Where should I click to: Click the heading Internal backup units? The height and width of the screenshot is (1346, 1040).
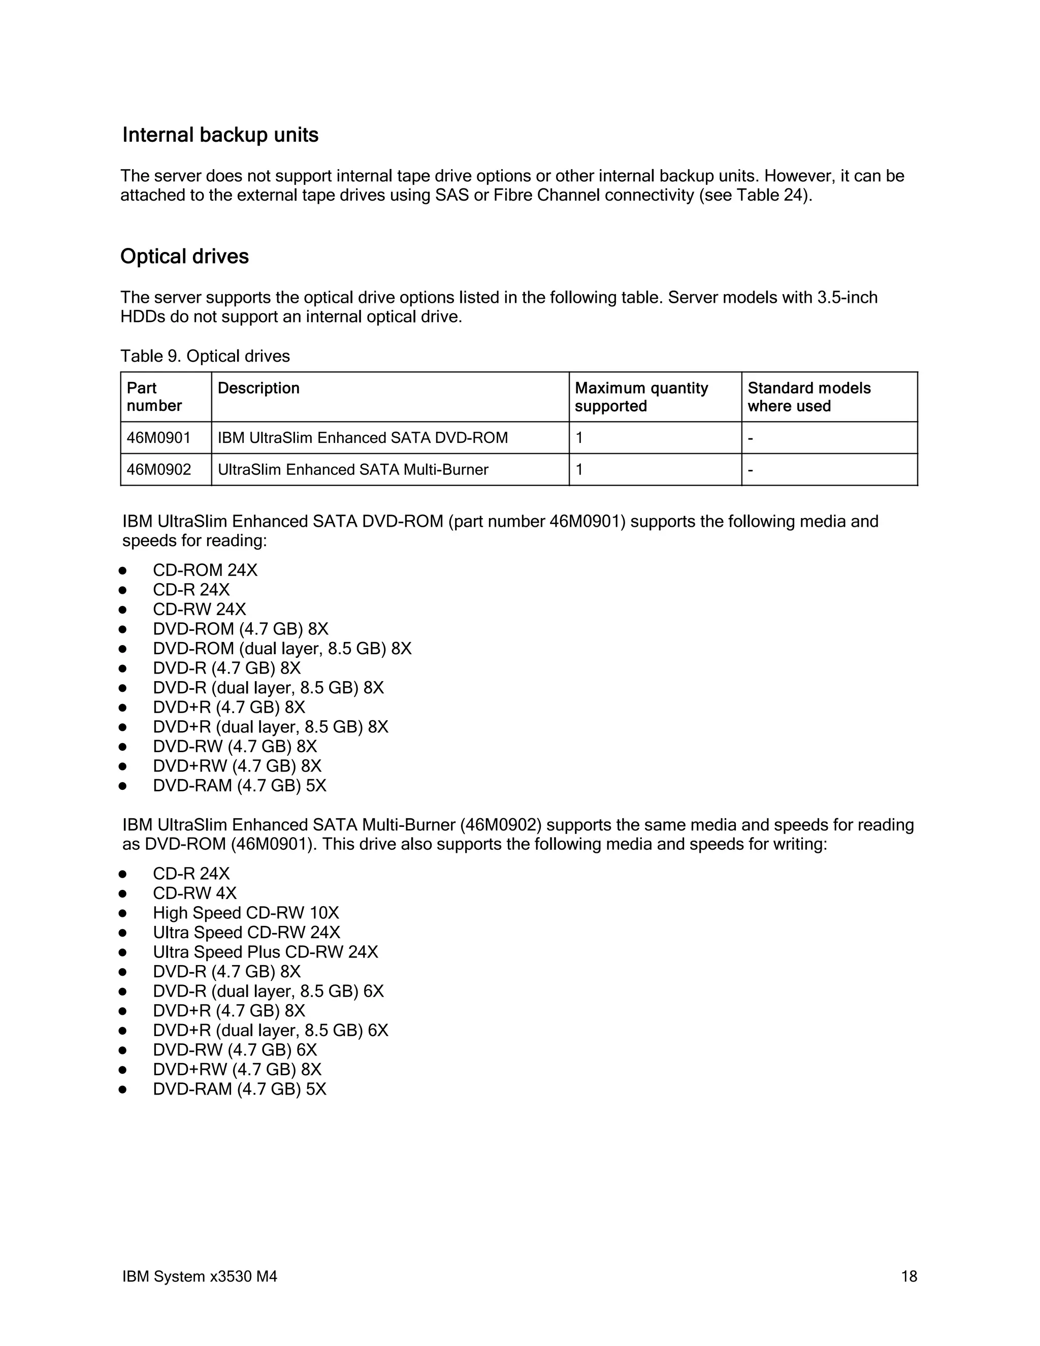click(220, 135)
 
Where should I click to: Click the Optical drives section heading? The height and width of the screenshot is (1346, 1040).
click(184, 257)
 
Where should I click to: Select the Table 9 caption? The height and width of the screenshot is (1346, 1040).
click(205, 356)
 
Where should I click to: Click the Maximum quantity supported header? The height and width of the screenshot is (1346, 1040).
click(641, 397)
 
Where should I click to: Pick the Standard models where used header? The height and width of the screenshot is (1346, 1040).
click(808, 397)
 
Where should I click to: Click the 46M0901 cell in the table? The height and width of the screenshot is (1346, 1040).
click(159, 438)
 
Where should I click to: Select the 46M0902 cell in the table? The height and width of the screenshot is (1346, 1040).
click(159, 470)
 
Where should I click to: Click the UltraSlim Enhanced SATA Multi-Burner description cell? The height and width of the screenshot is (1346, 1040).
click(352, 470)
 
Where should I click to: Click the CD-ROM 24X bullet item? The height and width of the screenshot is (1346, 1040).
click(205, 570)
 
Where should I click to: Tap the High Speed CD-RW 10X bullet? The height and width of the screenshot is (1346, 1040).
click(246, 913)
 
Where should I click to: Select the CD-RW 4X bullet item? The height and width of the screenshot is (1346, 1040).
click(194, 893)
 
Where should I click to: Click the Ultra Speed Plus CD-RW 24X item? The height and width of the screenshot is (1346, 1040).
click(266, 952)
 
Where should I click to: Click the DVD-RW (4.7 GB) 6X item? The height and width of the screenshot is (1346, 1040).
click(235, 1050)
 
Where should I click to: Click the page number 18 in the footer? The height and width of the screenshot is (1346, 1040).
click(909, 1276)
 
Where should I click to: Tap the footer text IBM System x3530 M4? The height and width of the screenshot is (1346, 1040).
click(200, 1276)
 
